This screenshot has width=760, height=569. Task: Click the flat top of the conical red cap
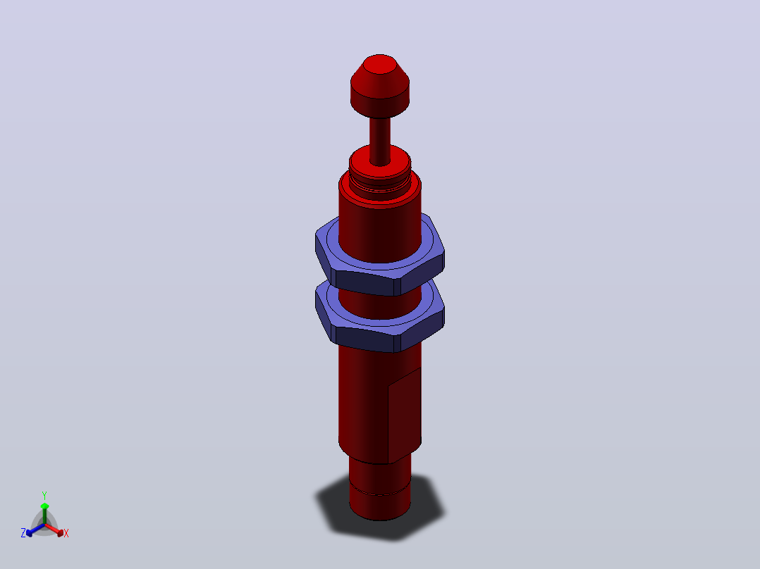pyautogui.click(x=380, y=64)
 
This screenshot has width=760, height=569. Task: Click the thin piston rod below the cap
pyautogui.click(x=380, y=140)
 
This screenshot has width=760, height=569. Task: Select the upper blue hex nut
pyautogui.click(x=380, y=255)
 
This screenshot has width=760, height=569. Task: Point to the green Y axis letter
pyautogui.click(x=44, y=495)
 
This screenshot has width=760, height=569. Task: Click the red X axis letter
pyautogui.click(x=66, y=533)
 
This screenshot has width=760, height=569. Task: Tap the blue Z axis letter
pyautogui.click(x=23, y=533)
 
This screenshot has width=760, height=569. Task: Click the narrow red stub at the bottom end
pyautogui.click(x=380, y=489)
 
